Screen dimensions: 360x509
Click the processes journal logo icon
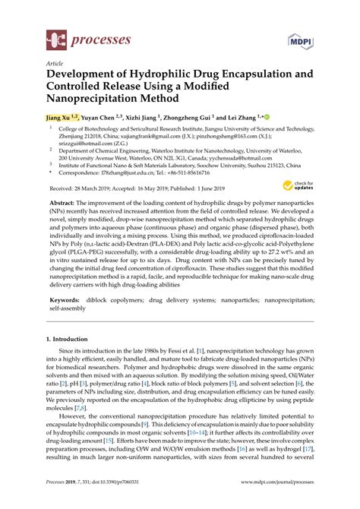(55, 38)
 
